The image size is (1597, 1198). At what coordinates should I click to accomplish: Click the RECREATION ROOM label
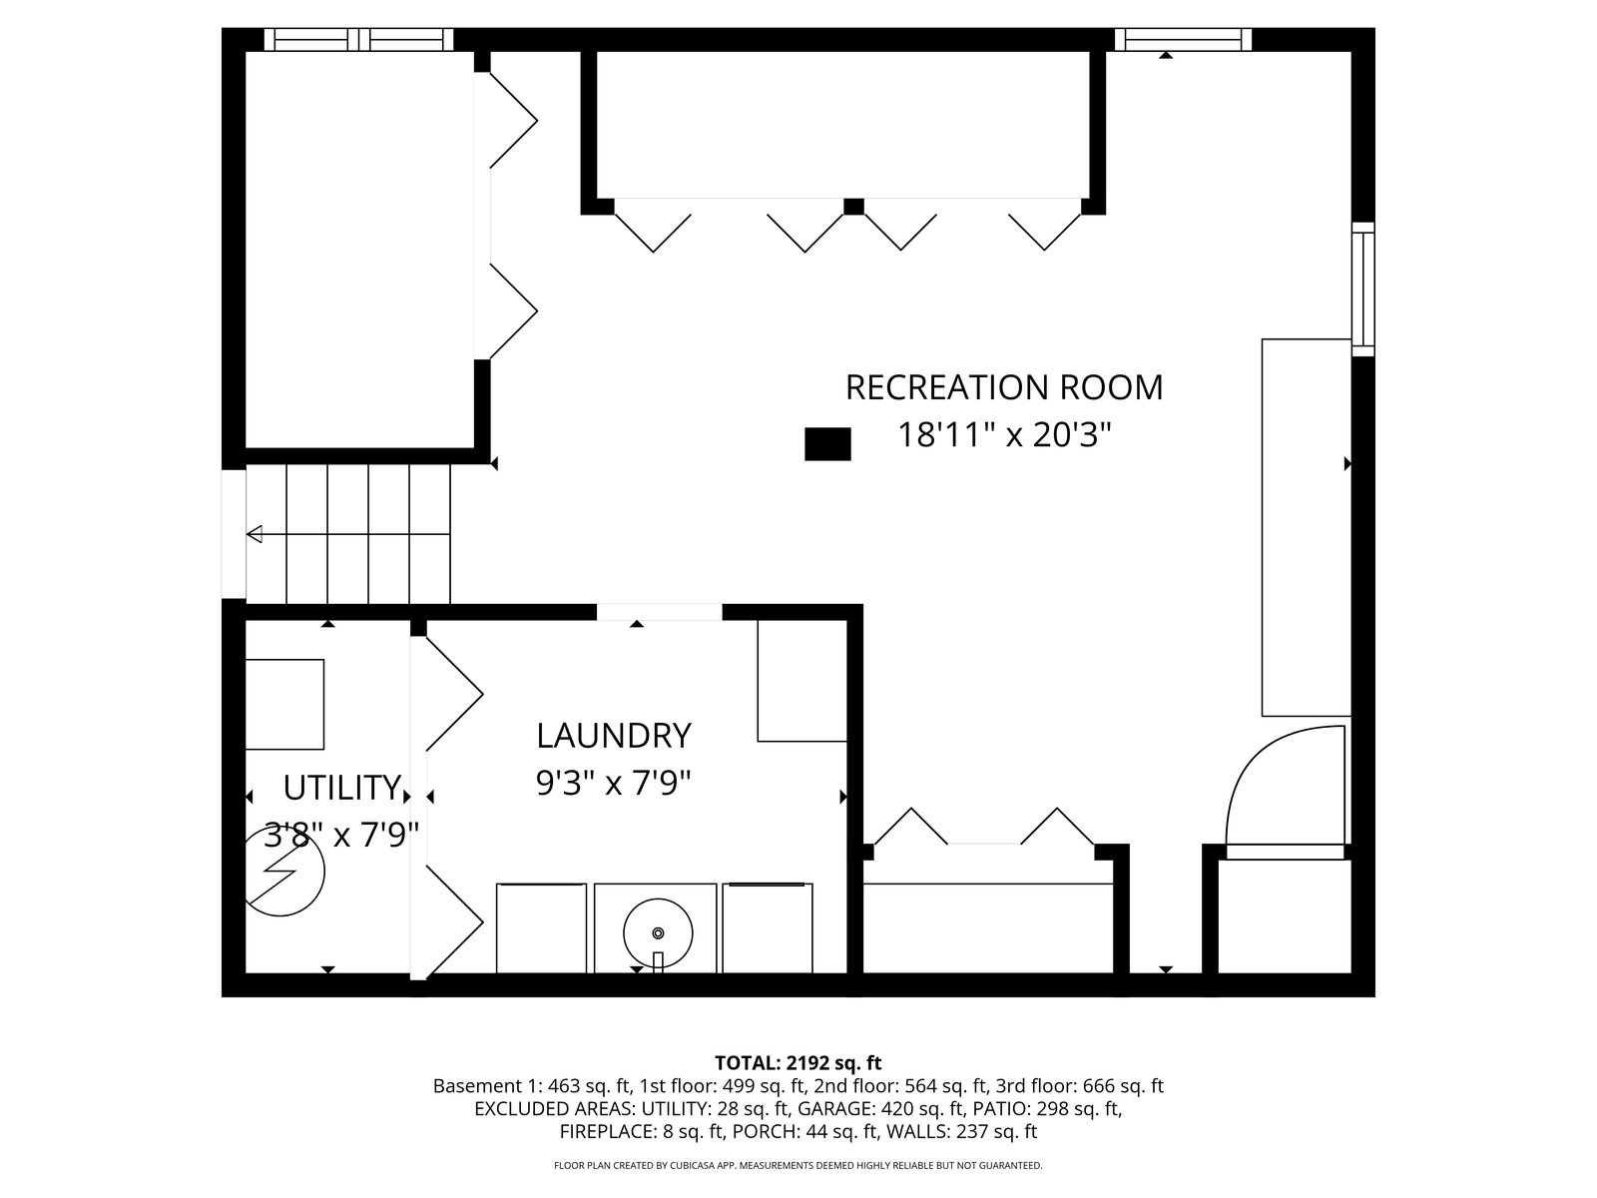1004,387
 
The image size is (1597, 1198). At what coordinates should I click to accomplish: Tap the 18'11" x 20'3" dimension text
1005,435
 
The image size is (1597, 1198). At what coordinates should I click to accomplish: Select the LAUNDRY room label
613,736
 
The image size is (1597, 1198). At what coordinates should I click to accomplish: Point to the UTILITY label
342,787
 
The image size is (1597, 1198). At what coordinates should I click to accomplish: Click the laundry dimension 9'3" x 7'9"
613,784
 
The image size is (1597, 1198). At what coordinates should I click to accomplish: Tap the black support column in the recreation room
827,443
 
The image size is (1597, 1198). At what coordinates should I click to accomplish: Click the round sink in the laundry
658,933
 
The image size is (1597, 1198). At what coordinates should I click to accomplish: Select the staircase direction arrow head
255,534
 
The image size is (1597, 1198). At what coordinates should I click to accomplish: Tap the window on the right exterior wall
1362,290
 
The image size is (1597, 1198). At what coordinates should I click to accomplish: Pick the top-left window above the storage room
358,39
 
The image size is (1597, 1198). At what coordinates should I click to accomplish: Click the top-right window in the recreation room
1183,39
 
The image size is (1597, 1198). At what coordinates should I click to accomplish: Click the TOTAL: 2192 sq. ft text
798,1062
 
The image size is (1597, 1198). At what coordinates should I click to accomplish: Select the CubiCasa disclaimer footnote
798,1165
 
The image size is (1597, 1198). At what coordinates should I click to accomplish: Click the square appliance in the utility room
284,704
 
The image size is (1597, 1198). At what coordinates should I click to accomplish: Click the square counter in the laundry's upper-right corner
801,681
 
